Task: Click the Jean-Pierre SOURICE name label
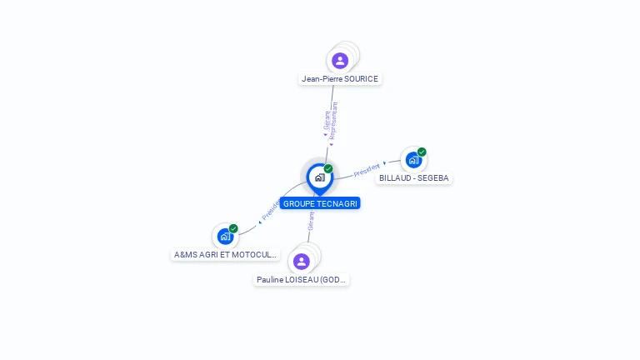pyautogui.click(x=340, y=79)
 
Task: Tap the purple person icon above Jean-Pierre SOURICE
pyautogui.click(x=340, y=60)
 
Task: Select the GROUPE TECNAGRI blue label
pyautogui.click(x=320, y=203)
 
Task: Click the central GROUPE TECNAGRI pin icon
pyautogui.click(x=319, y=177)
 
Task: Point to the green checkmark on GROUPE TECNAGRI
pyautogui.click(x=328, y=168)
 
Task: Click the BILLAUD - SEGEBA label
pyautogui.click(x=413, y=178)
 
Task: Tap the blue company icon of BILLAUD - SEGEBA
pyautogui.click(x=413, y=160)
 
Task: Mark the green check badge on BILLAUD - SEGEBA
pyautogui.click(x=422, y=152)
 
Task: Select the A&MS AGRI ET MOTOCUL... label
pyautogui.click(x=225, y=254)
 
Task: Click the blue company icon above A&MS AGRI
pyautogui.click(x=225, y=237)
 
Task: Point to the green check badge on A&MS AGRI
pyautogui.click(x=233, y=228)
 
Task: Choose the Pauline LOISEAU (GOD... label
pyautogui.click(x=302, y=280)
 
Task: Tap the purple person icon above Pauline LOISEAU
pyautogui.click(x=302, y=261)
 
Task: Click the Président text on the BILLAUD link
pyautogui.click(x=367, y=170)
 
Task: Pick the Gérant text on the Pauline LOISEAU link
pyautogui.click(x=311, y=221)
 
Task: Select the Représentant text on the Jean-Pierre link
pyautogui.click(x=334, y=118)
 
